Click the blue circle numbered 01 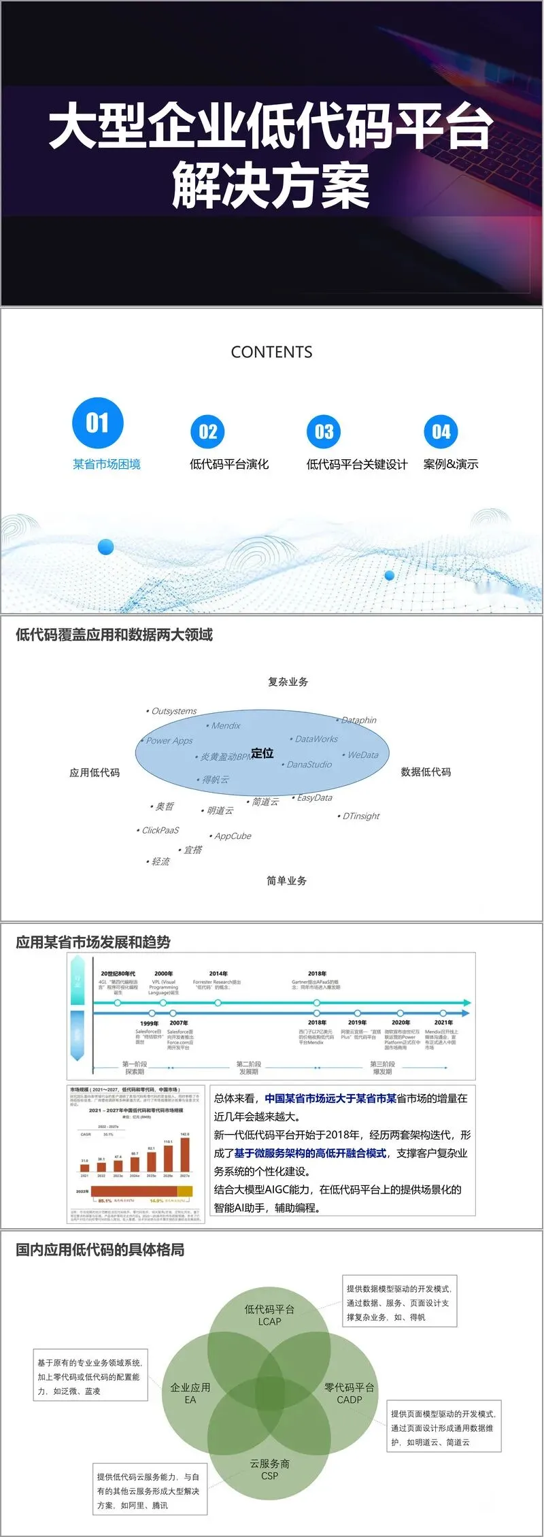[97, 423]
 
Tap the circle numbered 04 [441, 431]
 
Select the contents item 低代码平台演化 [229, 464]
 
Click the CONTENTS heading [271, 352]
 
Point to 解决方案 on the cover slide [271, 185]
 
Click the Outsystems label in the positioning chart [173, 711]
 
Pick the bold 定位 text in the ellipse [262, 753]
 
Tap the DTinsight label [360, 816]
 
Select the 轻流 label [160, 861]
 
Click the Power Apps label [169, 740]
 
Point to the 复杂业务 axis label [288, 681]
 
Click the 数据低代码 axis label [426, 772]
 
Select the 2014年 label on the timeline [218, 974]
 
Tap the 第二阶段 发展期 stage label [248, 1068]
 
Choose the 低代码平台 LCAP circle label [269, 1315]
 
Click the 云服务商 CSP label [269, 1469]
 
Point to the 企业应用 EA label [190, 1393]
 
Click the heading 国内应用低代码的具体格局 [100, 1249]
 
